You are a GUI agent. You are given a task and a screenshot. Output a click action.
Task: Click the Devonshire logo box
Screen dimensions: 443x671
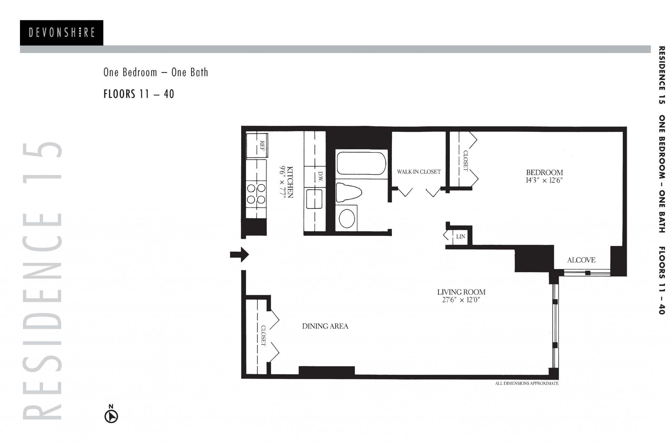click(x=61, y=32)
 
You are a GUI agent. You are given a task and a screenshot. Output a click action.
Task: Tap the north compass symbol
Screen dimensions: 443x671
click(x=111, y=416)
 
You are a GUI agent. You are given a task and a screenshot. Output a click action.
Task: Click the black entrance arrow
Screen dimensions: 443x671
click(x=240, y=254)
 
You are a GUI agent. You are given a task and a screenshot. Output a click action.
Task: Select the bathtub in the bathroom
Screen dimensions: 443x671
click(x=361, y=163)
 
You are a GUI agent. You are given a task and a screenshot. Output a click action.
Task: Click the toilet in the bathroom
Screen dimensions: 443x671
click(x=348, y=193)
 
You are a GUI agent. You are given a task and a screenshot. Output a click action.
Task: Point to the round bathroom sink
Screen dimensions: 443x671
click(x=347, y=218)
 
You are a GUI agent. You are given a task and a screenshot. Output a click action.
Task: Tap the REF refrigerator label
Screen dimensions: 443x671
click(x=262, y=145)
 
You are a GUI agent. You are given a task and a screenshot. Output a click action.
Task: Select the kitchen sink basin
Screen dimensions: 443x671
click(x=314, y=199)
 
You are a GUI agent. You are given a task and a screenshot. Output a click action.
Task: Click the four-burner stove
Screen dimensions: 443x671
click(x=256, y=194)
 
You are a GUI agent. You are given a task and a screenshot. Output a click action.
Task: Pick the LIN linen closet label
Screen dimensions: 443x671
click(x=460, y=236)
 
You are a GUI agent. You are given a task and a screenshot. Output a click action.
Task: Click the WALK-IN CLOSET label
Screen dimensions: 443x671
click(x=418, y=171)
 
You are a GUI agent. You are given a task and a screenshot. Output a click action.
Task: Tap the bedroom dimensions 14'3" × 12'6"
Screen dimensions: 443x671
click(x=544, y=180)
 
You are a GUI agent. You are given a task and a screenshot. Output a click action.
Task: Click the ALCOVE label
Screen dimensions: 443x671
click(x=581, y=260)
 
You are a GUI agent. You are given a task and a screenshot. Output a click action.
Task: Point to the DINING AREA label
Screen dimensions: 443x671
click(x=325, y=326)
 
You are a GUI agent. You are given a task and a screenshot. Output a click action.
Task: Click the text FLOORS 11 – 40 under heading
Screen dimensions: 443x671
click(x=139, y=94)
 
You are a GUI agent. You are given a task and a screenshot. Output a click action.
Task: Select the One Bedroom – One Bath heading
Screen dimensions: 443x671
click(x=156, y=72)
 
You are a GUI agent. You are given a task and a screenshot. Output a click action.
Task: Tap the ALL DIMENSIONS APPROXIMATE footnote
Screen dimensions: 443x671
click(x=527, y=383)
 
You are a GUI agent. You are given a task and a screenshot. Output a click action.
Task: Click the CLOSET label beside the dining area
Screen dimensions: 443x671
click(x=263, y=336)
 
